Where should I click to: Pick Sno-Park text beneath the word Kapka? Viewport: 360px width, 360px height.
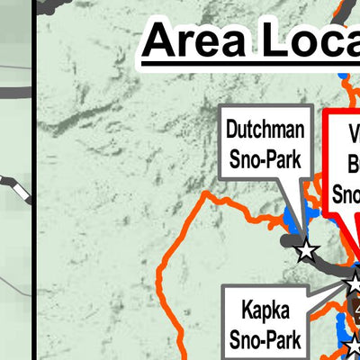[x=265, y=342]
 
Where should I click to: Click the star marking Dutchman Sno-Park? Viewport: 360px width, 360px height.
[x=307, y=251]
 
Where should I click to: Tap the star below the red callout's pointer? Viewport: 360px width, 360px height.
[x=354, y=283]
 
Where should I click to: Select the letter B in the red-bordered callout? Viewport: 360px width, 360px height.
[x=354, y=165]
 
